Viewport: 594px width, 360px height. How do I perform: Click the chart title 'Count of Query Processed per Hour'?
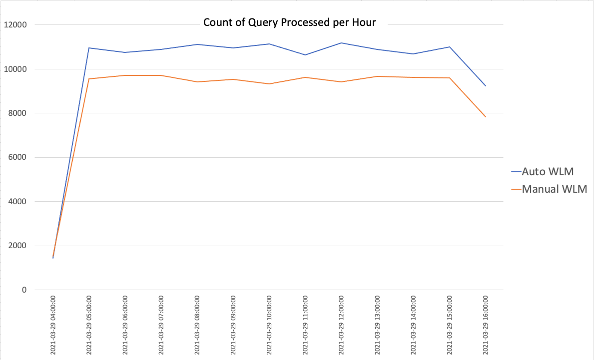289,22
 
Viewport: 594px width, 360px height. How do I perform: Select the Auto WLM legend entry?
548,172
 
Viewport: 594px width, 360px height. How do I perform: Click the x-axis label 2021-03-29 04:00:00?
53,325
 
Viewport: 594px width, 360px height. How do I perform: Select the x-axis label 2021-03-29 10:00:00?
269,325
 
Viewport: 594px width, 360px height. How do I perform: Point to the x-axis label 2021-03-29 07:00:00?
161,325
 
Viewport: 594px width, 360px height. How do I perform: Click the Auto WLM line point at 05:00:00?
88,48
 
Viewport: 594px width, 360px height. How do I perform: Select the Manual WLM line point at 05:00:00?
88,79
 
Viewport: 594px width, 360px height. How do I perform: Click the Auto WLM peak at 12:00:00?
341,43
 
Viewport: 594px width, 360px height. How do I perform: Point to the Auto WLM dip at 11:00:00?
305,55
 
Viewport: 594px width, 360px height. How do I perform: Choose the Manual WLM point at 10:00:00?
269,84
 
